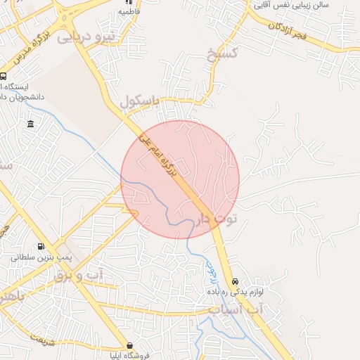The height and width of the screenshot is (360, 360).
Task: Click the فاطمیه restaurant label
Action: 129,12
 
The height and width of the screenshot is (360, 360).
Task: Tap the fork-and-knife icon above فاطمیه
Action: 129,2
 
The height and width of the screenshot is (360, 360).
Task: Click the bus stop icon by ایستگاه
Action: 4,77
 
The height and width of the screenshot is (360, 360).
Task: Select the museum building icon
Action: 30,124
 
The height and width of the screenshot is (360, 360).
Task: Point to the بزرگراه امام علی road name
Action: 163,155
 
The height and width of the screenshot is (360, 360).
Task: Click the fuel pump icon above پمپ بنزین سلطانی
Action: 40,246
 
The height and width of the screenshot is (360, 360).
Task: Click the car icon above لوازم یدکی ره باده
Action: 235,280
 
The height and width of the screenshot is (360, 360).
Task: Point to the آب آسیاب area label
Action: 236,309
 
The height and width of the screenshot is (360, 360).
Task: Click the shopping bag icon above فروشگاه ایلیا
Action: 130,345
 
